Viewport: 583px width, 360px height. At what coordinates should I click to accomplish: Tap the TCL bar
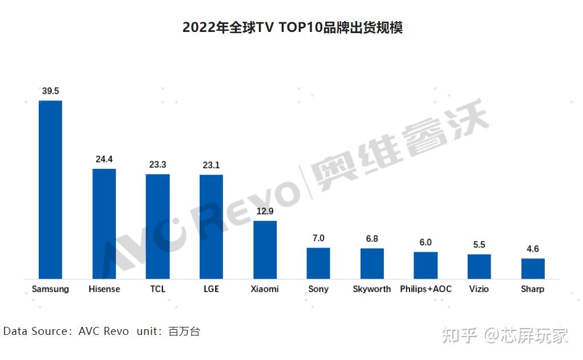(157, 226)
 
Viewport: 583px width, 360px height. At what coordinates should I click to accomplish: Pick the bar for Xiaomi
(265, 249)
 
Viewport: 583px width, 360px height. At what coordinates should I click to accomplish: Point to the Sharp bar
(533, 268)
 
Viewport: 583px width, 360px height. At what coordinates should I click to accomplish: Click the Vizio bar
(479, 266)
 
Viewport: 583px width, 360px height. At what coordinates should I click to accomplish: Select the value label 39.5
(50, 91)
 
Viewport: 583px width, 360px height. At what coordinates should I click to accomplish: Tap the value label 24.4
(104, 159)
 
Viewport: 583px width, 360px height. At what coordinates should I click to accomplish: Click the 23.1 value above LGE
(211, 165)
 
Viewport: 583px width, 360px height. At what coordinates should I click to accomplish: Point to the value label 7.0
(318, 238)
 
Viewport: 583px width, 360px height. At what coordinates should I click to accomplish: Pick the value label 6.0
(426, 242)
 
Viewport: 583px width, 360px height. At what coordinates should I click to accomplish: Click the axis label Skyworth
(372, 289)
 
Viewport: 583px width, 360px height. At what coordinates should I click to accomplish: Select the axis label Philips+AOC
(426, 289)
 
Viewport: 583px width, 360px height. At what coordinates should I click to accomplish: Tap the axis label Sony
(318, 289)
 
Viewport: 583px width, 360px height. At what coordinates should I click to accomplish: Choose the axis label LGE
(211, 289)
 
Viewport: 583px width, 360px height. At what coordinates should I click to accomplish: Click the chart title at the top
(292, 27)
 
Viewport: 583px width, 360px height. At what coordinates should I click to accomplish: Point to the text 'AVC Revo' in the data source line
(104, 331)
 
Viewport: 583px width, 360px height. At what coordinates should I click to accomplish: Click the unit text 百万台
(184, 331)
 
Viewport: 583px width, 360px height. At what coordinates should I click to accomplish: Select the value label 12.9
(265, 211)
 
